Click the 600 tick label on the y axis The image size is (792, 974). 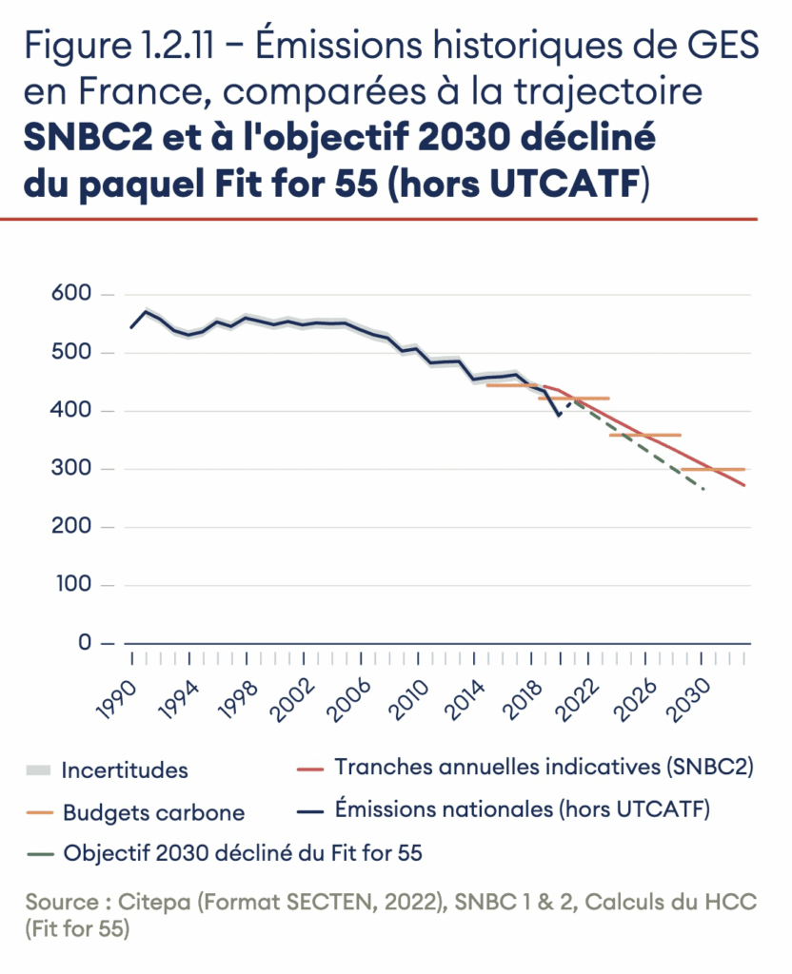71,295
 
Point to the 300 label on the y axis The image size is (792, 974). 71,469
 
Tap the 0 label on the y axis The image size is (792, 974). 84,643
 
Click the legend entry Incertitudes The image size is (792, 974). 125,769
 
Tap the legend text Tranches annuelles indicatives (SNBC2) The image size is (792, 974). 544,768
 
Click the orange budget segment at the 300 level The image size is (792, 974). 713,469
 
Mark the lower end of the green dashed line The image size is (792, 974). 703,490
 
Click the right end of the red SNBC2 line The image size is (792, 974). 744,486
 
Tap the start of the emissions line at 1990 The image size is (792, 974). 131,328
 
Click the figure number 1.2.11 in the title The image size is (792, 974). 169,45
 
